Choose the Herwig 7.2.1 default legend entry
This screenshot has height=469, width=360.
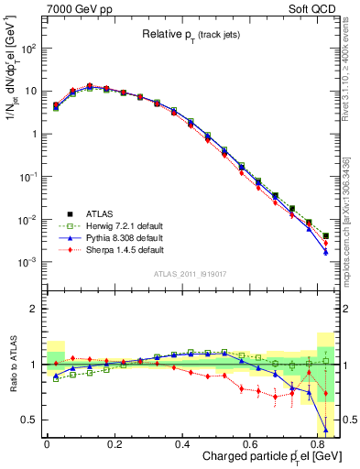[100, 227]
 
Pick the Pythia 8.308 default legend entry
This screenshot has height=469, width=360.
[100, 238]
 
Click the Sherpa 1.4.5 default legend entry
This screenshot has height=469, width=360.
[100, 249]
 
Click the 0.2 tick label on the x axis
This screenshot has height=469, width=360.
[114, 444]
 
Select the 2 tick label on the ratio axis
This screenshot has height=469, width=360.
[35, 310]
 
